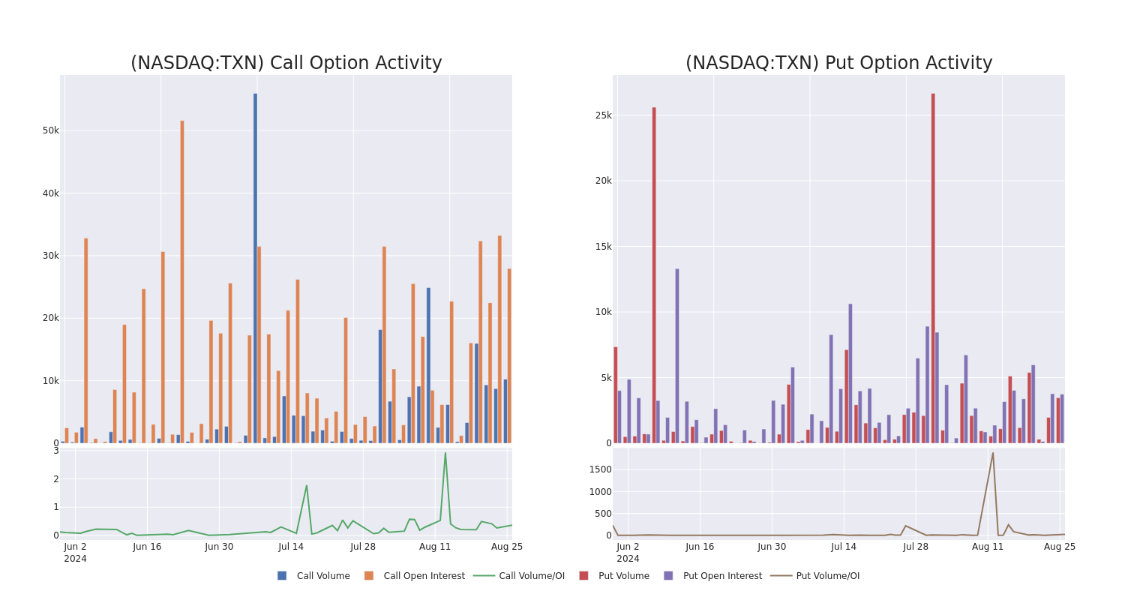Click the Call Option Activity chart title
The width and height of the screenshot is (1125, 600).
(x=286, y=63)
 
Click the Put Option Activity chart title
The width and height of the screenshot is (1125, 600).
(x=838, y=63)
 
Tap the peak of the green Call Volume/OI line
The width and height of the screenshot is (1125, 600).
(x=445, y=453)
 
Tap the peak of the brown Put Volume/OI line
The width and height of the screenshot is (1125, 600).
(x=993, y=453)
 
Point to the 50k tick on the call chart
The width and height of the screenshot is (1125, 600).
(x=50, y=130)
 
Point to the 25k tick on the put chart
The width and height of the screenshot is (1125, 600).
(x=603, y=115)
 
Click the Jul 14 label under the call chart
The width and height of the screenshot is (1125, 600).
(x=291, y=547)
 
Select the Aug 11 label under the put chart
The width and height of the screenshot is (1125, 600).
(x=988, y=547)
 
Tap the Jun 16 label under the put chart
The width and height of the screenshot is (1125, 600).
(x=700, y=547)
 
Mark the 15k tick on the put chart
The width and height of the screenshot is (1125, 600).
(x=603, y=246)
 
